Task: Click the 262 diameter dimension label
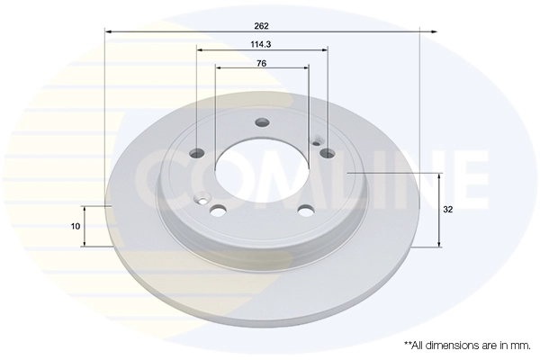click(x=261, y=26)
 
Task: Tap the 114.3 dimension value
click(x=261, y=44)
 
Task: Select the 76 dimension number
click(x=262, y=63)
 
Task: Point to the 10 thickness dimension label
click(x=76, y=226)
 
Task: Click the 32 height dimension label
click(x=447, y=210)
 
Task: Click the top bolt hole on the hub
click(x=262, y=122)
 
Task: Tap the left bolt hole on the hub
click(x=197, y=153)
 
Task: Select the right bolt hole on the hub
click(x=327, y=153)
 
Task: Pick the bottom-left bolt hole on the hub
click(x=218, y=211)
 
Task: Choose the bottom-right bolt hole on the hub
click(x=306, y=211)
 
